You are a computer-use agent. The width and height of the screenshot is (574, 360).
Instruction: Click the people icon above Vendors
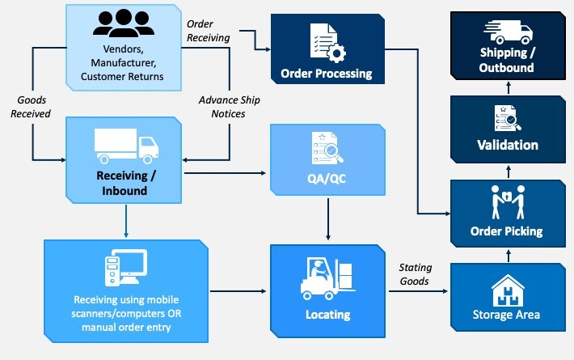(123, 23)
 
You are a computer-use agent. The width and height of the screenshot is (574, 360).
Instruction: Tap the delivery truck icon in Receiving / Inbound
(126, 146)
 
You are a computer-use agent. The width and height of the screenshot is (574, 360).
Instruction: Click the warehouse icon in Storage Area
(507, 288)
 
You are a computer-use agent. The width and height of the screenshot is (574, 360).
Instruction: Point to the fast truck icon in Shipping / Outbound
(508, 32)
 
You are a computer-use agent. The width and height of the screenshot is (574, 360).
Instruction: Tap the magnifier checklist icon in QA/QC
(326, 147)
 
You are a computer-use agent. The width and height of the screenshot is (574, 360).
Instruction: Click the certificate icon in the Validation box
(507, 118)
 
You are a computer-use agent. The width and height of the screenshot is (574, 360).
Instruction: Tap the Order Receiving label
(208, 31)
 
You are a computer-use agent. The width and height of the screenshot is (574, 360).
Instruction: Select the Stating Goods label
(416, 275)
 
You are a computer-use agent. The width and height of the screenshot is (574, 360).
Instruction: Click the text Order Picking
(507, 231)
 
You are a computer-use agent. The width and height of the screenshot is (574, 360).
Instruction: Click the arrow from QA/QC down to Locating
(327, 218)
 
